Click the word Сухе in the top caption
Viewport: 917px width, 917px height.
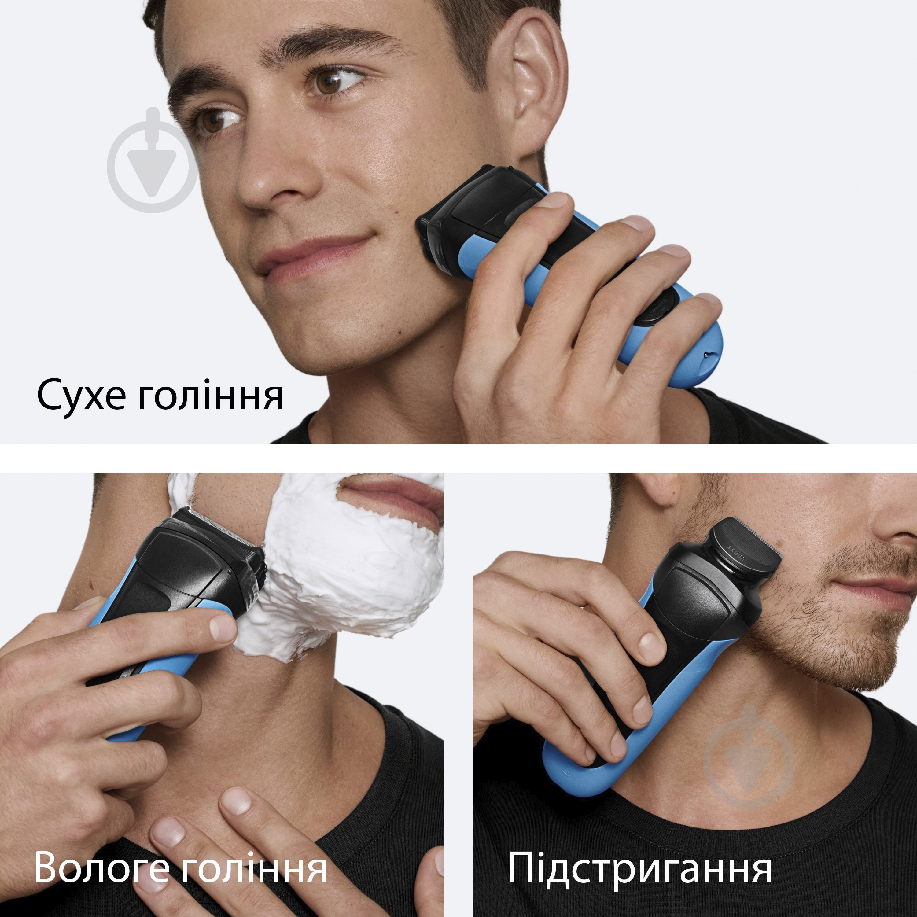tap(82, 395)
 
